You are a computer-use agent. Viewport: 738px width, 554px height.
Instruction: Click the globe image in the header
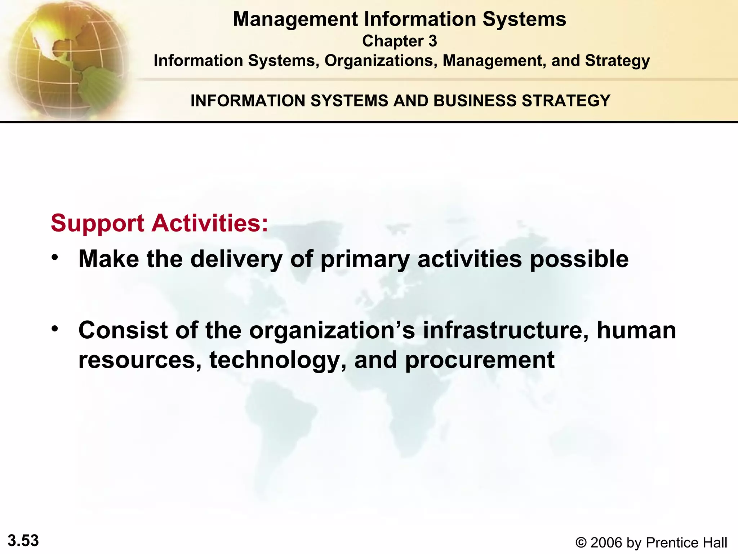click(67, 60)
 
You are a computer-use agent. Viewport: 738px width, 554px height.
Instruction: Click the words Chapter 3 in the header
click(399, 41)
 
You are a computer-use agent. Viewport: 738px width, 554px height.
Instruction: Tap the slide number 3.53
click(23, 541)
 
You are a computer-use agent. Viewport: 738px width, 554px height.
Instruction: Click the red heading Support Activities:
click(159, 223)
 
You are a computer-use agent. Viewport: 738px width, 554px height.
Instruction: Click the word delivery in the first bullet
click(236, 259)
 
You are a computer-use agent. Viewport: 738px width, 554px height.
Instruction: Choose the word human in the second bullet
click(636, 330)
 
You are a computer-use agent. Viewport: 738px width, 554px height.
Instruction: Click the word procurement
click(480, 361)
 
